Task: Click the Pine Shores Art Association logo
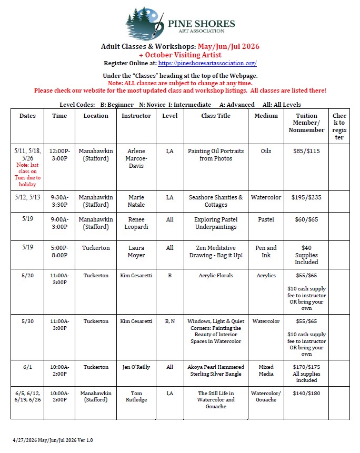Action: tap(180, 23)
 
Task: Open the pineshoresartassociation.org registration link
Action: tap(207, 63)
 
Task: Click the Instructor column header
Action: tap(136, 116)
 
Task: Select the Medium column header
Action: tap(266, 116)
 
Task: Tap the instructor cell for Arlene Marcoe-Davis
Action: tap(136, 158)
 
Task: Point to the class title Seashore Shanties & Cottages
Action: tap(216, 201)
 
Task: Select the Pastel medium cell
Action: tap(266, 219)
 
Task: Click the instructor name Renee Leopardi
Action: tap(136, 223)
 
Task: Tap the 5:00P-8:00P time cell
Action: tap(59, 251)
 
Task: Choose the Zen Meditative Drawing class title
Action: tap(216, 251)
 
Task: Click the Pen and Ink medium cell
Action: tap(266, 251)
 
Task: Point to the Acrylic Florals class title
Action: tap(216, 276)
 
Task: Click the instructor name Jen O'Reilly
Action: tap(136, 367)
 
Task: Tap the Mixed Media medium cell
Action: tap(266, 370)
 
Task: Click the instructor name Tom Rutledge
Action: tap(136, 396)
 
